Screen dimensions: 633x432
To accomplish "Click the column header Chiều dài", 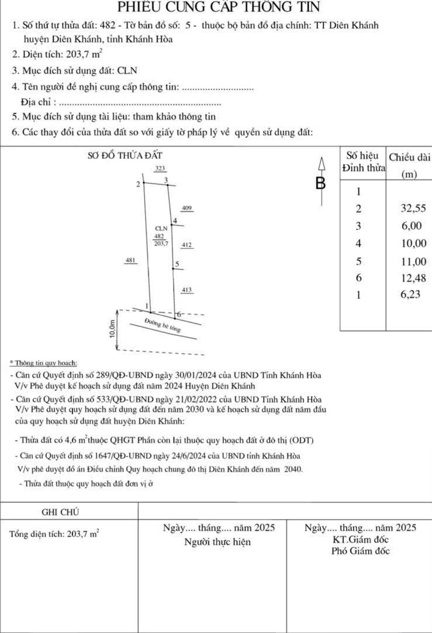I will (x=409, y=157).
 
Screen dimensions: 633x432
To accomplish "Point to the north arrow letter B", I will (x=320, y=183).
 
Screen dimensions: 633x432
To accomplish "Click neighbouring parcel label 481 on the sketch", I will (x=131, y=260).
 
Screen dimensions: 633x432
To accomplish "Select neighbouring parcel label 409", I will (x=186, y=208).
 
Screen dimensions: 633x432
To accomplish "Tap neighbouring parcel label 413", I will (x=186, y=290).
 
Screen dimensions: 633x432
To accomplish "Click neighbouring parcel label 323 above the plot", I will (x=160, y=168).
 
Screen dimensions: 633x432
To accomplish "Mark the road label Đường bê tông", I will (x=163, y=326).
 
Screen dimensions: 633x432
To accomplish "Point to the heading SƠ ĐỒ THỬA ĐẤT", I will (x=124, y=155).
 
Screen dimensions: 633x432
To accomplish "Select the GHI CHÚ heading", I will (x=61, y=512).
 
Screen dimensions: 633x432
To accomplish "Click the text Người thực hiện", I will (x=217, y=542).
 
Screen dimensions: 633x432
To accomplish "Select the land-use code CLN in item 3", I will (x=127, y=71).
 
